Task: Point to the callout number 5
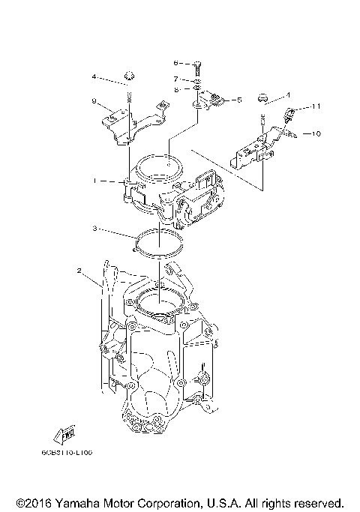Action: (238, 99)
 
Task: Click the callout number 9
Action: (93, 100)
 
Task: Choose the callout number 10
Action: (316, 134)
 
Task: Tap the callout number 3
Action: (95, 228)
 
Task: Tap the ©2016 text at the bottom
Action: (31, 502)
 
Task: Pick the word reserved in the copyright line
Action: (318, 502)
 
